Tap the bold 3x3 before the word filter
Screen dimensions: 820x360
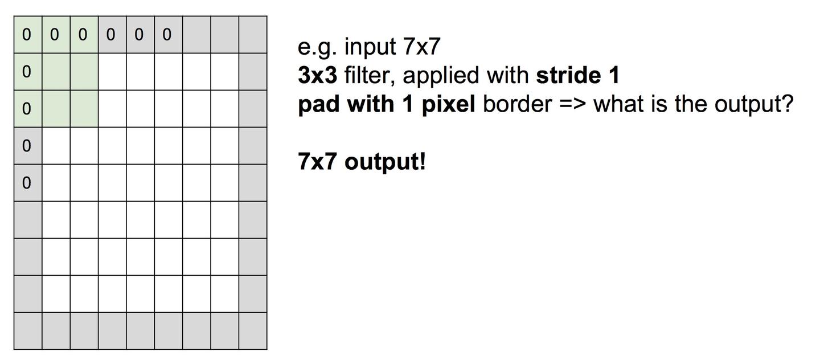pyautogui.click(x=317, y=75)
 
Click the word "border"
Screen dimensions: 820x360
pyautogui.click(x=517, y=104)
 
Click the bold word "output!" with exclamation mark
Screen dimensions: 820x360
pyautogui.click(x=386, y=162)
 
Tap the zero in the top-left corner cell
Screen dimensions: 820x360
pyautogui.click(x=27, y=35)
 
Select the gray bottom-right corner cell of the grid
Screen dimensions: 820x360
pyautogui.click(x=253, y=331)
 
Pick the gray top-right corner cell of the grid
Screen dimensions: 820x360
pyautogui.click(x=253, y=35)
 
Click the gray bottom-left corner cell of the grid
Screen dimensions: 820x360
pyautogui.click(x=28, y=331)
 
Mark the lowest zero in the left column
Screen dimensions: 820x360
pyautogui.click(x=27, y=183)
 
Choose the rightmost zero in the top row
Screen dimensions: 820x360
pyautogui.click(x=167, y=35)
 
